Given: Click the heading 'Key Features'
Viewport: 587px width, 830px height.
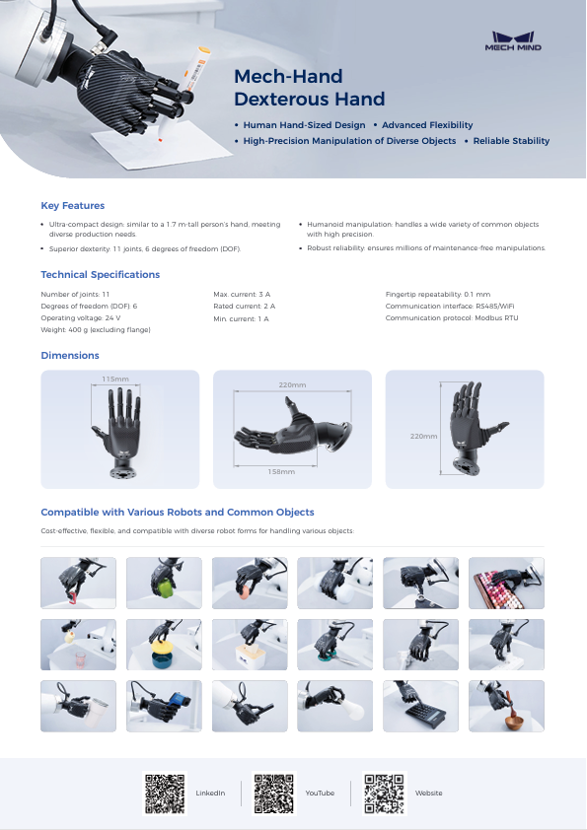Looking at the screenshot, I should pyautogui.click(x=72, y=205).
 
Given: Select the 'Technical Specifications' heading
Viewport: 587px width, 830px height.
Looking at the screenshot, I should pyautogui.click(x=100, y=274).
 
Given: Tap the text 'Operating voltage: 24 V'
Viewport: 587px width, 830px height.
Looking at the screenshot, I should pyautogui.click(x=81, y=318).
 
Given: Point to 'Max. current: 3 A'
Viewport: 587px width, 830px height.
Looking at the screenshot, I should pyautogui.click(x=242, y=295).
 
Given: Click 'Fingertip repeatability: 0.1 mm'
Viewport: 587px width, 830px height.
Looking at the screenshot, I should pyautogui.click(x=437, y=295).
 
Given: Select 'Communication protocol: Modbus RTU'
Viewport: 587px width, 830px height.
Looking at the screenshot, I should pyautogui.click(x=451, y=318).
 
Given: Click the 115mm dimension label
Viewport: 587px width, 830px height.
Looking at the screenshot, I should pyautogui.click(x=115, y=379).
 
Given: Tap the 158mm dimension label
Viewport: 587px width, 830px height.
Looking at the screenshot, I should pyautogui.click(x=281, y=471).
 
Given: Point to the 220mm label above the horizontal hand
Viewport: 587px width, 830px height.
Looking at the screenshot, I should pyautogui.click(x=292, y=384).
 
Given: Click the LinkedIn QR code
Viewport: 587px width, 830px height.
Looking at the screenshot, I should pyautogui.click(x=165, y=793).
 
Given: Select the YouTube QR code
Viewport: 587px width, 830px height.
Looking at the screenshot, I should pyautogui.click(x=273, y=793).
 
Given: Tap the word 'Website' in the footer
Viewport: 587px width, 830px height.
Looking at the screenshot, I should pyautogui.click(x=428, y=793).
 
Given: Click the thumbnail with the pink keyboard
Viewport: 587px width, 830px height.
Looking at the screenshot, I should pyautogui.click(x=506, y=583).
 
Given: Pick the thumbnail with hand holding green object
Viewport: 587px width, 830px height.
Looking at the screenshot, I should pyautogui.click(x=164, y=583).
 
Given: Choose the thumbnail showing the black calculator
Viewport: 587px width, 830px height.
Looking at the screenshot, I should pyautogui.click(x=420, y=706).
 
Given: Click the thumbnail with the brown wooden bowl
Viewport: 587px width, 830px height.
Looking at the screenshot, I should pyautogui.click(x=506, y=706).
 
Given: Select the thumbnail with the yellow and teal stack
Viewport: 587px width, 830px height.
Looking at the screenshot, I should pyautogui.click(x=164, y=645).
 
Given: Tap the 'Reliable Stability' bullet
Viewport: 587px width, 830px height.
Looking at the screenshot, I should pyautogui.click(x=511, y=141).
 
